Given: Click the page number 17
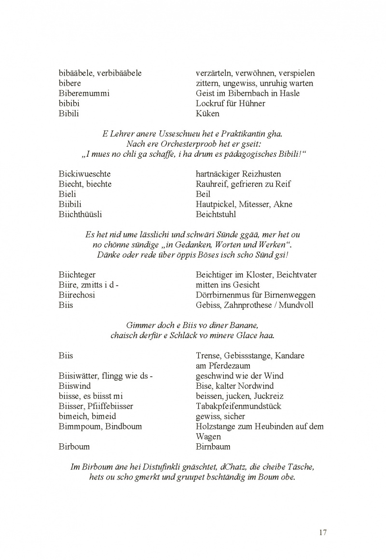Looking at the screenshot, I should (323, 533).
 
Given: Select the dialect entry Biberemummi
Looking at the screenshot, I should (84, 93).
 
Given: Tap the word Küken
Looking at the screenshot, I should (207, 113).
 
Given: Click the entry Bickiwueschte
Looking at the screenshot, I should (84, 174).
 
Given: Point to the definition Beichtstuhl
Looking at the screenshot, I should (216, 214).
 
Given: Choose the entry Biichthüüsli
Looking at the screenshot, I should (80, 214).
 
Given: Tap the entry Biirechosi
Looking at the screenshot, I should (77, 295).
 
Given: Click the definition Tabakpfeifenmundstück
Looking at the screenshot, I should (238, 406).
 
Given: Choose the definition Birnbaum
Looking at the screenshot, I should (213, 447).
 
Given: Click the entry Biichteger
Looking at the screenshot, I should (77, 274).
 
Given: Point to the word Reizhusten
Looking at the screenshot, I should (262, 174).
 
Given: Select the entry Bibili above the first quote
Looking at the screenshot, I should (69, 113).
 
